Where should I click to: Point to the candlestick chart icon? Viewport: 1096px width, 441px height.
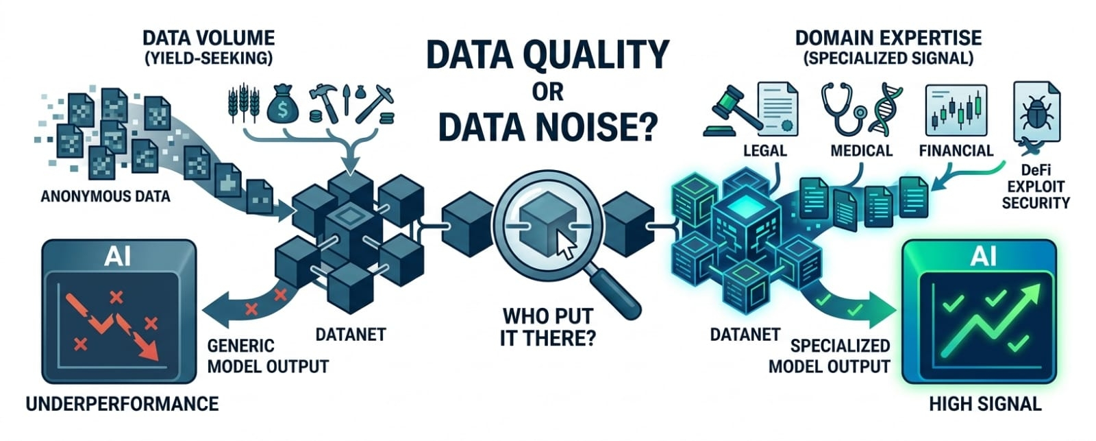[x=956, y=110]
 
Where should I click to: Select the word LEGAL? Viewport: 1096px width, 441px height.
[x=764, y=150]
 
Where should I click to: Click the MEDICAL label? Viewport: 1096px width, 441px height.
[x=862, y=150]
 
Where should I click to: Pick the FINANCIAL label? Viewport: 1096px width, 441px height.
[x=956, y=150]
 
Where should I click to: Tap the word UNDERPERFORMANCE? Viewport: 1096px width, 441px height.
[x=122, y=404]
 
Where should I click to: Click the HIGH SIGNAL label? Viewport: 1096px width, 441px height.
[x=985, y=404]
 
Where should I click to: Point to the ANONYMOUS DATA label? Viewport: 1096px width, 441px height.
[x=105, y=196]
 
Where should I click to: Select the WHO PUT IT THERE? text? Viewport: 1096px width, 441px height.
[x=548, y=327]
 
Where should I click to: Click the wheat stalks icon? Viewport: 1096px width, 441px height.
[x=244, y=104]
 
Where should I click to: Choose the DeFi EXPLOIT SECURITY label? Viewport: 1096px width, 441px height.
[x=1036, y=187]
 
